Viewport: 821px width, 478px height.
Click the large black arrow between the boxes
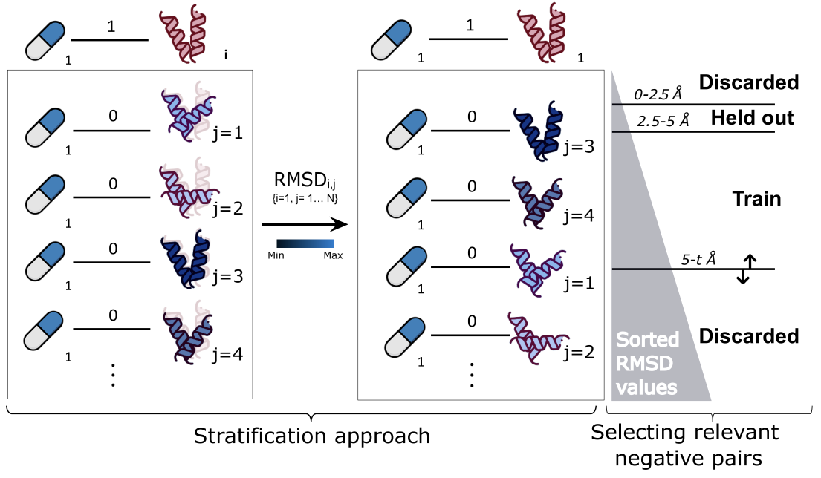click(305, 224)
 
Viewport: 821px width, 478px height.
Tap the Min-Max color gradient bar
click(305, 243)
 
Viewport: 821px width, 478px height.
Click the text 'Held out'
click(752, 117)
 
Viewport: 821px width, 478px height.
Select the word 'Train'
click(756, 198)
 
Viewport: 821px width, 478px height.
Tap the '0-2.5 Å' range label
click(658, 94)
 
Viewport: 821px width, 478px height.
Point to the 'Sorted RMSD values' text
click(648, 364)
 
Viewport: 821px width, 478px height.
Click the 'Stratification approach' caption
click(311, 436)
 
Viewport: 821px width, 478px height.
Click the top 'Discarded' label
click(748, 82)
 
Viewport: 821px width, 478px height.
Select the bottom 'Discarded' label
click(748, 336)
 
